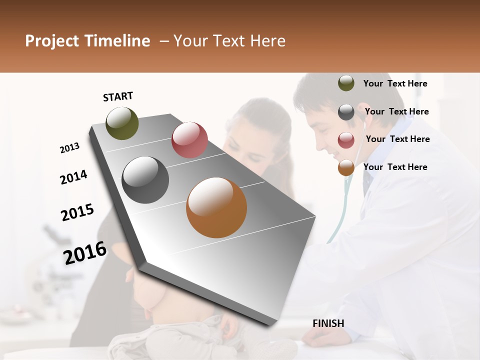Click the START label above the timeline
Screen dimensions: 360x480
pyautogui.click(x=118, y=96)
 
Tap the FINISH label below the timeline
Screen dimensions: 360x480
pyautogui.click(x=328, y=323)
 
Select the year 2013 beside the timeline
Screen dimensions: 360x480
pyautogui.click(x=69, y=147)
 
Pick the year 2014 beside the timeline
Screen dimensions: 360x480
pyautogui.click(x=73, y=177)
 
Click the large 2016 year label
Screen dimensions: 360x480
pyautogui.click(x=85, y=252)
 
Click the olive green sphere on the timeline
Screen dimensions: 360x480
pyautogui.click(x=122, y=123)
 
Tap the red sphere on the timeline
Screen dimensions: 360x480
pyautogui.click(x=189, y=140)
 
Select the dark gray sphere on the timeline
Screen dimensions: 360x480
pyautogui.click(x=145, y=180)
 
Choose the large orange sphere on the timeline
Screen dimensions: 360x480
pyautogui.click(x=216, y=207)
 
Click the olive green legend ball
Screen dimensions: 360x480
pyautogui.click(x=346, y=83)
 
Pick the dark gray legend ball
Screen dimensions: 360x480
pyautogui.click(x=346, y=112)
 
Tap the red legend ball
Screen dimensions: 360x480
pyautogui.click(x=346, y=140)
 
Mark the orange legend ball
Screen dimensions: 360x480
pyautogui.click(x=346, y=168)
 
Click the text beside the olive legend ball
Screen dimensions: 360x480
pyautogui.click(x=395, y=84)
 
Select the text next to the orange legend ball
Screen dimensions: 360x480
pyautogui.click(x=395, y=167)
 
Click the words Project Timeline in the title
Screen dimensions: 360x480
pyautogui.click(x=87, y=41)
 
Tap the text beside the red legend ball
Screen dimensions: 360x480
pyautogui.click(x=397, y=139)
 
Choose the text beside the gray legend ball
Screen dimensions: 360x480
pyautogui.click(x=396, y=111)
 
